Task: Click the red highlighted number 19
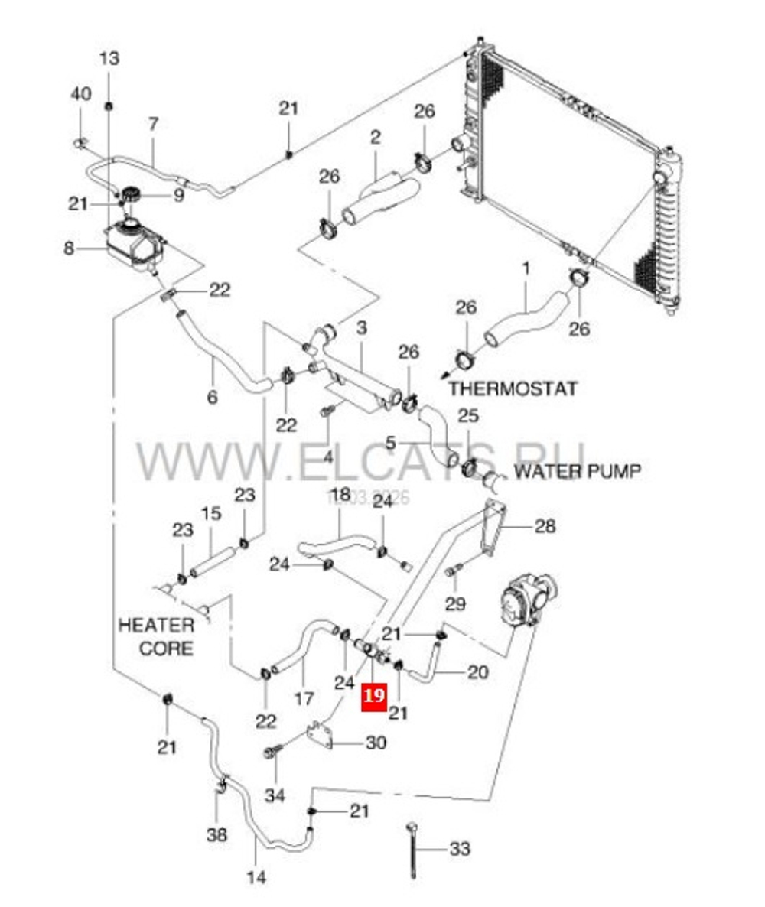(x=374, y=696)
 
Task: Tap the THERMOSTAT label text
(x=513, y=388)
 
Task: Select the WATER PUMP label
(x=577, y=470)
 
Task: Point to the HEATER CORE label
(x=156, y=637)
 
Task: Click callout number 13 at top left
(x=109, y=58)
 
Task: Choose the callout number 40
(x=80, y=94)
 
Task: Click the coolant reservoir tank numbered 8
(x=134, y=243)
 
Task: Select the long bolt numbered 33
(x=413, y=850)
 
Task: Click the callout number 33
(x=460, y=849)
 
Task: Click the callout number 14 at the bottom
(x=257, y=876)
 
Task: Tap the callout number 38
(x=216, y=834)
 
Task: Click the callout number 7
(x=153, y=123)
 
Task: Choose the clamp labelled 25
(x=469, y=463)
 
